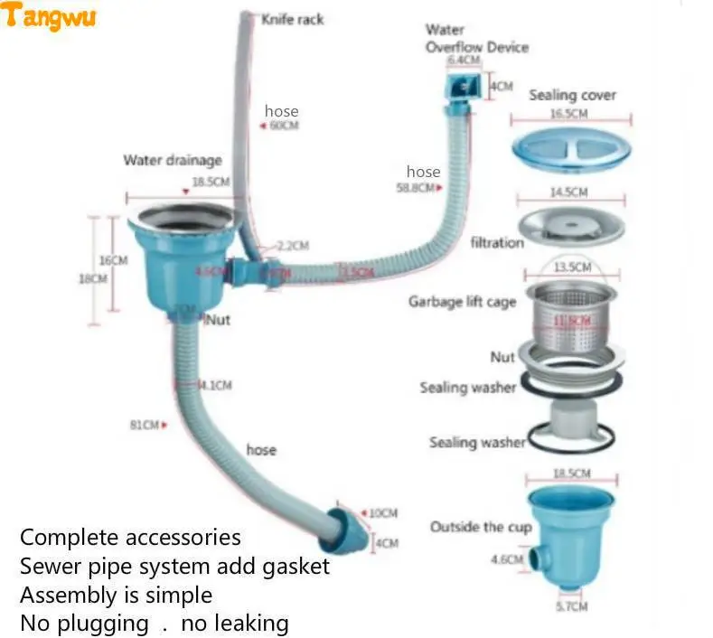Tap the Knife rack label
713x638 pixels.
coord(292,19)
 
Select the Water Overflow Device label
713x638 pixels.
coord(476,39)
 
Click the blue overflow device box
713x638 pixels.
coord(464,86)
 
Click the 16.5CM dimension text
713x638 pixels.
coord(569,114)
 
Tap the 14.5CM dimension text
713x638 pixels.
coord(569,192)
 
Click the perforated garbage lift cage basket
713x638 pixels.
coord(570,314)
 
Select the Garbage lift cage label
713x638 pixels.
coord(462,301)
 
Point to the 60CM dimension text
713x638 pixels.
coord(284,126)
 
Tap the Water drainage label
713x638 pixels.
coord(172,161)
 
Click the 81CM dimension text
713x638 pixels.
coord(145,424)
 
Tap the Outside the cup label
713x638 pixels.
coord(481,527)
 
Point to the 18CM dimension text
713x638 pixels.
coord(92,278)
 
